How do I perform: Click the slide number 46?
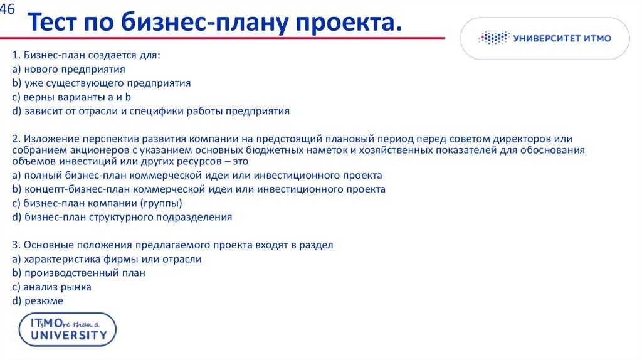pos(7,9)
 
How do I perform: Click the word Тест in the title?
pos(52,22)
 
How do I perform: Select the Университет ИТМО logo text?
pos(562,38)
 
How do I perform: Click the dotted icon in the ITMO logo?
pos(494,38)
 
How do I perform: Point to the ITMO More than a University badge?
pos(68,330)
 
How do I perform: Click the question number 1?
pos(16,55)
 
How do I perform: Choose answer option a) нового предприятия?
pos(68,69)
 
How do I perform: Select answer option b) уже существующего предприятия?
pos(102,83)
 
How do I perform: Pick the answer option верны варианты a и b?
pos(71,97)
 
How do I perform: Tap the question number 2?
pos(16,139)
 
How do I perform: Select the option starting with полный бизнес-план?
pos(197,176)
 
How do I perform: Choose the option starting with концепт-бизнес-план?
pos(199,189)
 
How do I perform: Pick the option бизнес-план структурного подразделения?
pos(122,218)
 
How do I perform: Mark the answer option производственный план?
pos(78,273)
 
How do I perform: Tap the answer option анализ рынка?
pos(51,287)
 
